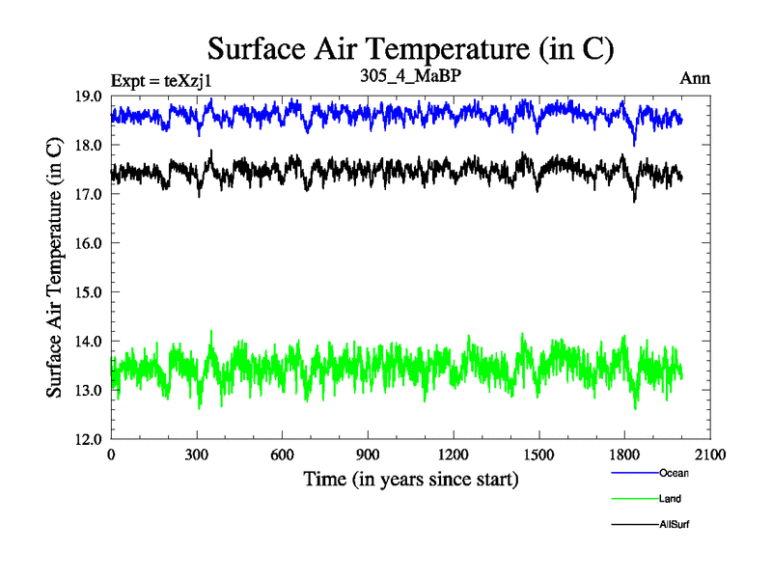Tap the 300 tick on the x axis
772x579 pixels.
[x=197, y=455]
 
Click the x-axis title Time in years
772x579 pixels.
[x=410, y=479]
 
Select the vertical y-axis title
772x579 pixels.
[x=55, y=267]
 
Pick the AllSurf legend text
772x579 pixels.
[x=675, y=524]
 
